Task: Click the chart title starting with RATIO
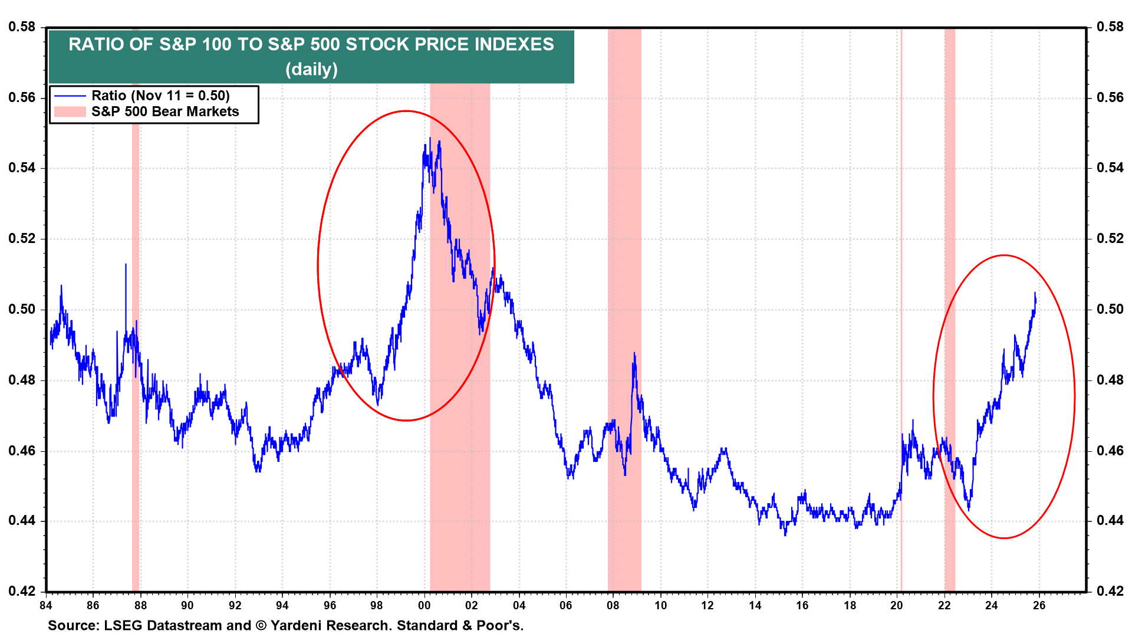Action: (311, 44)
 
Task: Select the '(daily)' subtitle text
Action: (311, 69)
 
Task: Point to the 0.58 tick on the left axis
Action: (22, 27)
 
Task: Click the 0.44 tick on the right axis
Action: (1110, 521)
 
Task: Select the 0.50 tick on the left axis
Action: (22, 309)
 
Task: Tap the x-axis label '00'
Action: (424, 606)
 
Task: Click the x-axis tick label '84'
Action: (45, 606)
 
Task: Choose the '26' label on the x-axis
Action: (1039, 606)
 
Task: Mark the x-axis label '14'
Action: (755, 606)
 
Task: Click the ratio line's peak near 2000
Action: (430, 138)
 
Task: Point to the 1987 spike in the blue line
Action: (126, 264)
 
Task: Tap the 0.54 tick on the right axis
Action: (1110, 168)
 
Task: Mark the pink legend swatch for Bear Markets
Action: (70, 111)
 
